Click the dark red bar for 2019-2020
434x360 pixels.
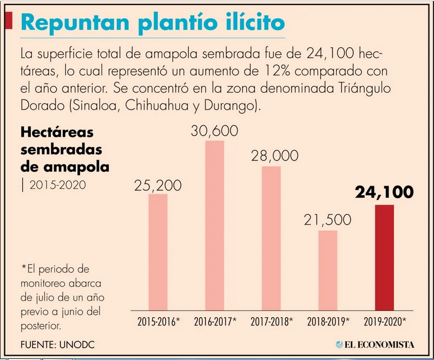(x=384, y=258)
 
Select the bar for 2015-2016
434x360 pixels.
(x=158, y=252)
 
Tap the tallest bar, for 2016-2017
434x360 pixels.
(x=214, y=226)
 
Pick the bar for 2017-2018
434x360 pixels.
(x=271, y=238)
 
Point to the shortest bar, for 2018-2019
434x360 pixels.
(x=328, y=271)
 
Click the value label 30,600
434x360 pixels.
(x=214, y=131)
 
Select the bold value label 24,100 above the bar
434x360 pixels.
(x=385, y=192)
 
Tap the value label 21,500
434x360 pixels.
(x=328, y=220)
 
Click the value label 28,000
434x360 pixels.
(x=275, y=156)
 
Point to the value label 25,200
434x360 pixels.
(x=158, y=186)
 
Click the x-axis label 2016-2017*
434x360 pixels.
(x=216, y=322)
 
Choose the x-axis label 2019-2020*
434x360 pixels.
(x=385, y=322)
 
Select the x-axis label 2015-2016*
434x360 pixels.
(x=159, y=322)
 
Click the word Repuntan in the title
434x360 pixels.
(x=75, y=22)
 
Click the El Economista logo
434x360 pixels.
(x=375, y=344)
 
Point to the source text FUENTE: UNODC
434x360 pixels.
(x=58, y=345)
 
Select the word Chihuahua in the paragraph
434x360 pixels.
(x=157, y=106)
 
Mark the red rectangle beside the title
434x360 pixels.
(x=8, y=20)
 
